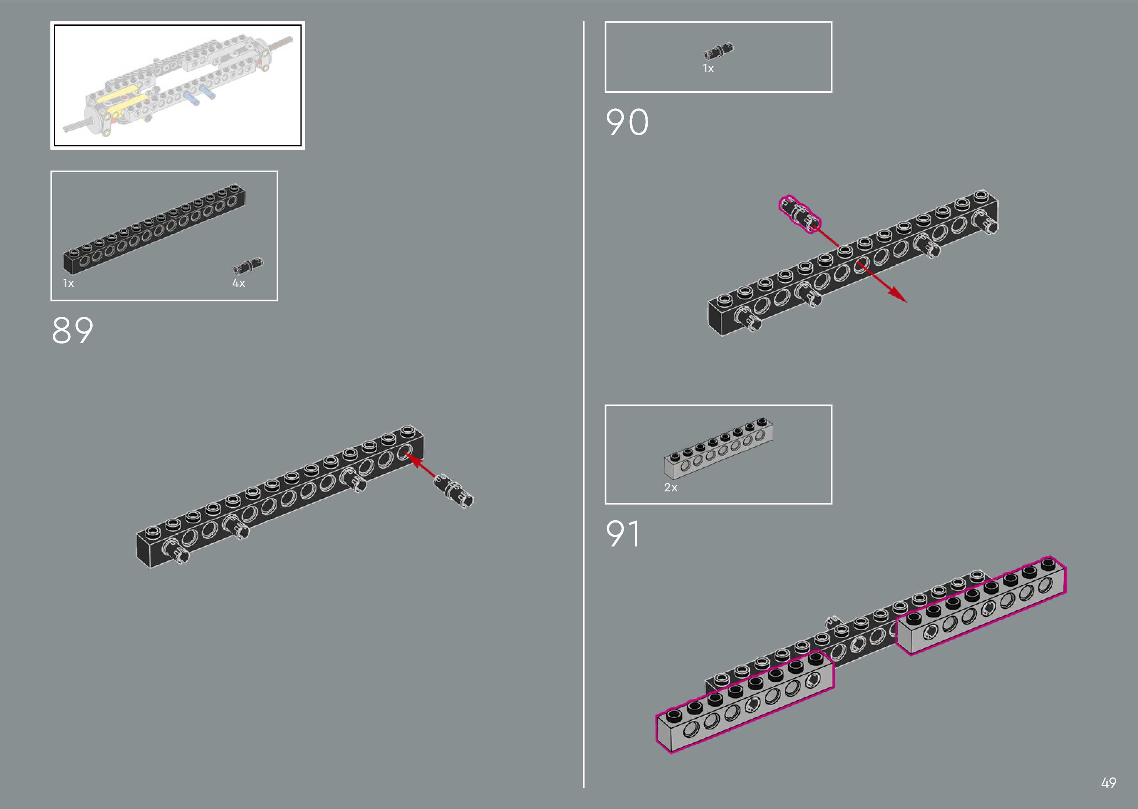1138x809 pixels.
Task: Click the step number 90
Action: (627, 123)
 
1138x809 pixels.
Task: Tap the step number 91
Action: (623, 534)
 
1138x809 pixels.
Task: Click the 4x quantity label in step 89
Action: (239, 284)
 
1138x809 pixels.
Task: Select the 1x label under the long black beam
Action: (68, 284)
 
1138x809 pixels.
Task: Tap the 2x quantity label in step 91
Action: (671, 488)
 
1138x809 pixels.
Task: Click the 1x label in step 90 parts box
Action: (708, 69)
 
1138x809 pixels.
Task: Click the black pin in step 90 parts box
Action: (718, 51)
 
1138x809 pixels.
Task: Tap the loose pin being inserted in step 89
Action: (454, 492)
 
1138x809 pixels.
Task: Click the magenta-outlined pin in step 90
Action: (799, 214)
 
